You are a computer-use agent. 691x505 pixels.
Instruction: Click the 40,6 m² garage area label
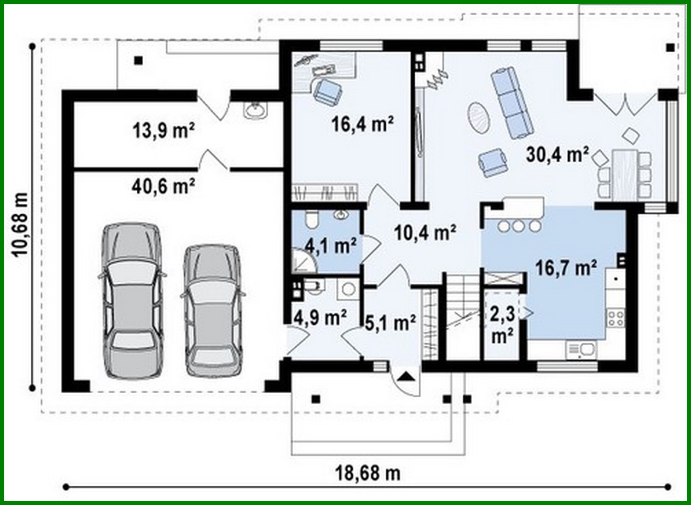click(x=163, y=186)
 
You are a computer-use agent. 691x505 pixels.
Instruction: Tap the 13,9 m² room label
click(x=163, y=131)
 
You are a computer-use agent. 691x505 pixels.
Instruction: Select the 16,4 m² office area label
click(x=363, y=124)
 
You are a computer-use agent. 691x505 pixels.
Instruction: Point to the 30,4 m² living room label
click(x=557, y=155)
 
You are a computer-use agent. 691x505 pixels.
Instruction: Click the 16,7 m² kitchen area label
click(x=566, y=267)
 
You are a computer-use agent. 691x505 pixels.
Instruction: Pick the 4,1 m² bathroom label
click(x=331, y=246)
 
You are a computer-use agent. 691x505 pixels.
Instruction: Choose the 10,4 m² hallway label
click(x=425, y=233)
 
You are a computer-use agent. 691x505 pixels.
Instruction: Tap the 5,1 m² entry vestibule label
click(x=390, y=323)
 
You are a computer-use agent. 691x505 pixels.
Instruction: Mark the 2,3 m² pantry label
click(x=503, y=324)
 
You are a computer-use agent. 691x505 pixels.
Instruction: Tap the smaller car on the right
click(x=212, y=310)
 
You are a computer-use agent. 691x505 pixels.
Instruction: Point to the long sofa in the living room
click(x=512, y=102)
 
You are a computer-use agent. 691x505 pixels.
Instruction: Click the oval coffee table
click(x=480, y=117)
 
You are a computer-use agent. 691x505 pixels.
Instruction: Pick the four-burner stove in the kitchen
click(x=616, y=318)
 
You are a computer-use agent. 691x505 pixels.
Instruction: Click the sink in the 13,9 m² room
click(x=255, y=110)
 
